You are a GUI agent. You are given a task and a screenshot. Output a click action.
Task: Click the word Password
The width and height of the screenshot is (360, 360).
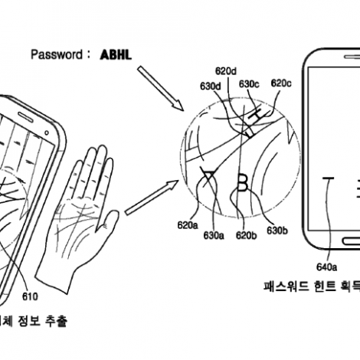click(x=57, y=54)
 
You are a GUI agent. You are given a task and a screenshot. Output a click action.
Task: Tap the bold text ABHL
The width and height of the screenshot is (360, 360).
click(x=116, y=54)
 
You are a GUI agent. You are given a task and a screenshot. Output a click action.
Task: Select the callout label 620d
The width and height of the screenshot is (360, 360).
click(x=226, y=71)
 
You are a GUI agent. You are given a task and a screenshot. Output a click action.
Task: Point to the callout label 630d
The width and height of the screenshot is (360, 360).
click(x=211, y=87)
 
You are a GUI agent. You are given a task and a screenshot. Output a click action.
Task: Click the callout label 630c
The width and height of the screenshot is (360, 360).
click(x=249, y=83)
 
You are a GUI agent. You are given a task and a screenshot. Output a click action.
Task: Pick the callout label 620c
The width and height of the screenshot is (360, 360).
click(x=281, y=83)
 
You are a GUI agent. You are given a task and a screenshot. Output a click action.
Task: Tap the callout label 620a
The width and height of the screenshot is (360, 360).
click(x=188, y=225)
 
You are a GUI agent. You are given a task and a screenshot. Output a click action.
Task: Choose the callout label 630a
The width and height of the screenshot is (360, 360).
click(x=214, y=235)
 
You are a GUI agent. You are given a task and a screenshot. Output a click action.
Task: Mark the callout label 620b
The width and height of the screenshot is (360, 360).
click(x=247, y=235)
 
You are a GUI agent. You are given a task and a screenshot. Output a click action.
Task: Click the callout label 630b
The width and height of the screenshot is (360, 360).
click(x=277, y=231)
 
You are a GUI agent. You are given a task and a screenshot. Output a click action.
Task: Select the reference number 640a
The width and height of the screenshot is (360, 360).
click(x=326, y=267)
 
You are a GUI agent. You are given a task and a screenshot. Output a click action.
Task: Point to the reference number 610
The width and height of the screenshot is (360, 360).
click(x=30, y=296)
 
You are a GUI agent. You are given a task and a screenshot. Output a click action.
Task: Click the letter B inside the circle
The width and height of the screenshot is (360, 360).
click(x=242, y=182)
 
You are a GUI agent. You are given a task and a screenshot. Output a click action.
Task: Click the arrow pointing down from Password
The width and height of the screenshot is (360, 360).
click(x=161, y=88)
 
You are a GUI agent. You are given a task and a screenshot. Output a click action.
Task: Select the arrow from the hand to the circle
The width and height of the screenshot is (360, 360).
click(x=152, y=198)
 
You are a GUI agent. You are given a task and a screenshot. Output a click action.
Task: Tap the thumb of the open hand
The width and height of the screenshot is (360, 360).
click(x=108, y=221)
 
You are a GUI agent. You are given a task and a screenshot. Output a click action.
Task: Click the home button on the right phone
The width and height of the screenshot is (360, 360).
click(x=352, y=241)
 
